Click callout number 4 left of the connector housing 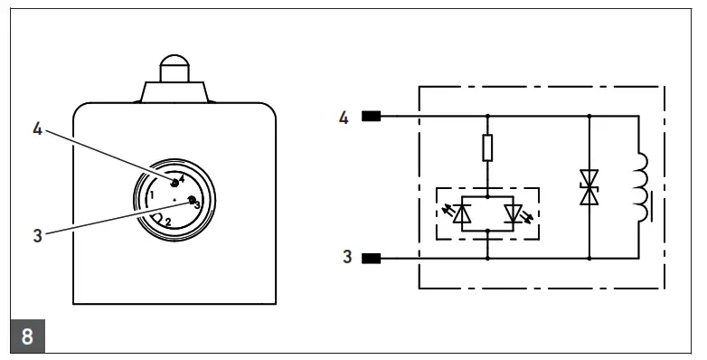click(x=37, y=129)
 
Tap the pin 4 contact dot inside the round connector click(x=174, y=183)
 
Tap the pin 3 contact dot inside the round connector click(x=191, y=199)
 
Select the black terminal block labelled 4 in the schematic click(x=371, y=116)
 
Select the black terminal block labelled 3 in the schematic click(x=371, y=258)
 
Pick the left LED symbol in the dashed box click(x=462, y=214)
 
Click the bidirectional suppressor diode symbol click(x=589, y=186)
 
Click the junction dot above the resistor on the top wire click(x=487, y=116)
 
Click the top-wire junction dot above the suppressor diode click(x=589, y=116)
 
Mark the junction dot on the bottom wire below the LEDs click(x=487, y=258)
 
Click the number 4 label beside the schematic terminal click(x=344, y=117)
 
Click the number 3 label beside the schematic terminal click(x=344, y=258)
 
